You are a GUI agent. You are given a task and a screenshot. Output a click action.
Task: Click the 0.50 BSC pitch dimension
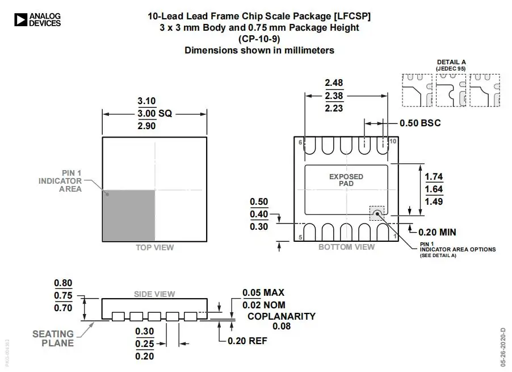click(419, 123)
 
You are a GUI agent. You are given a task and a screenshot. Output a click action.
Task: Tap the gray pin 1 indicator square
click(129, 215)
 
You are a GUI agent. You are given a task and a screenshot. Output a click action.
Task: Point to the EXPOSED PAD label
click(346, 180)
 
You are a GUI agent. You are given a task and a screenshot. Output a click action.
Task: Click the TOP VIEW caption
click(154, 247)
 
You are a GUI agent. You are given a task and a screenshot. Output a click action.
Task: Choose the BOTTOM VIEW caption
click(346, 247)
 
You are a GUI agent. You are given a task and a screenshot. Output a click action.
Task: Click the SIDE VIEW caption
click(154, 294)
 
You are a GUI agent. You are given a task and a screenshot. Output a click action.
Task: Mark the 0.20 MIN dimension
click(437, 232)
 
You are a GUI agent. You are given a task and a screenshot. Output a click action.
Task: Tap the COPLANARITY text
click(282, 316)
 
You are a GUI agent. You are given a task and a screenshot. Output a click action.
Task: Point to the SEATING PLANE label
click(53, 338)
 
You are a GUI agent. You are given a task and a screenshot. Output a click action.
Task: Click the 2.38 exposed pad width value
click(334, 96)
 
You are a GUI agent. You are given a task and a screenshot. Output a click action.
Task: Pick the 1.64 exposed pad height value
click(434, 189)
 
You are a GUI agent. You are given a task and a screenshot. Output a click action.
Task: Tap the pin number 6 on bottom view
click(300, 142)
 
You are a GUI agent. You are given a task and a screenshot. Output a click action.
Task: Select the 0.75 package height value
click(63, 295)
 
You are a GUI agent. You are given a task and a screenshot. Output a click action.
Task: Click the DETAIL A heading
click(451, 62)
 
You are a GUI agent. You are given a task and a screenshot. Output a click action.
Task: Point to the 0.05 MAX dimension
click(263, 292)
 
